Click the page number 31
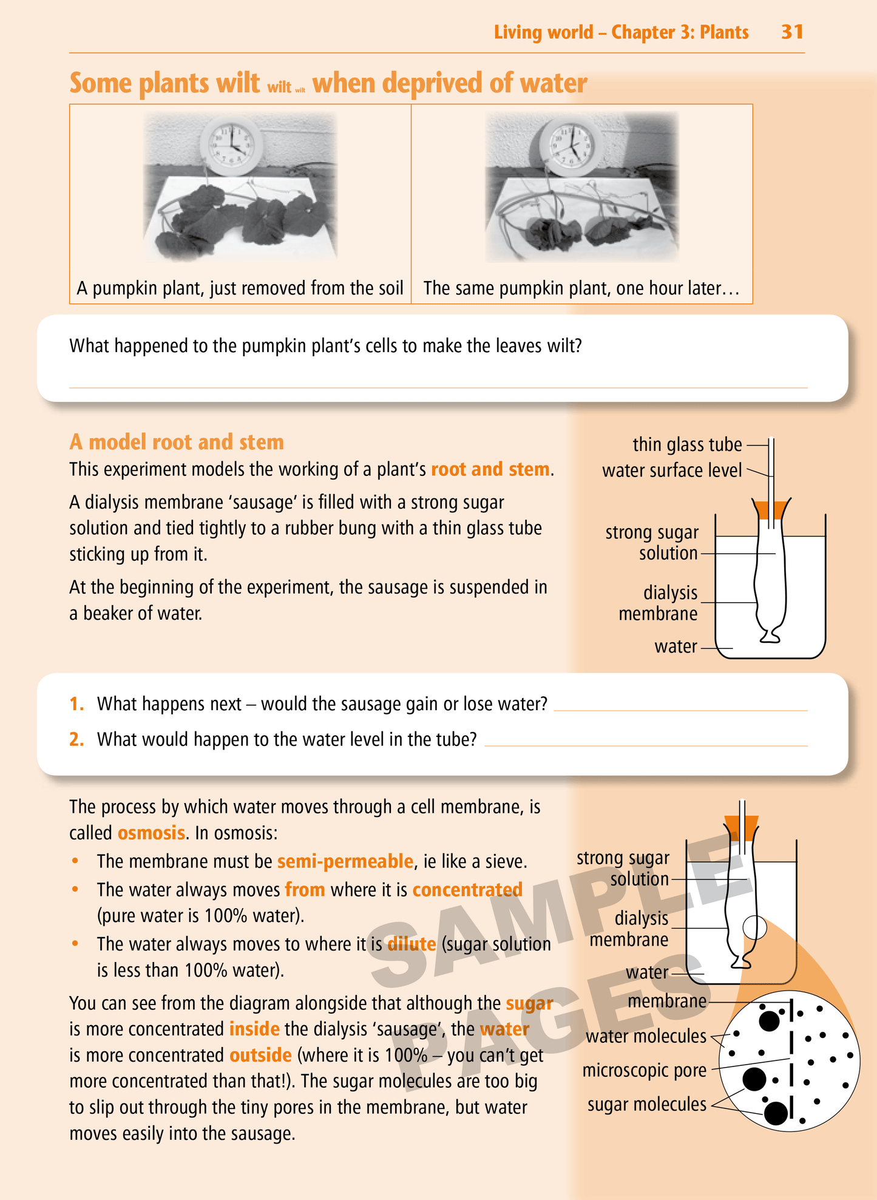pyautogui.click(x=792, y=32)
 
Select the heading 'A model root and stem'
pyautogui.click(x=177, y=442)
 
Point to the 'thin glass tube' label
pyautogui.click(x=687, y=445)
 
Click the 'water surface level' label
pyautogui.click(x=672, y=470)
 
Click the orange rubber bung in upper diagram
pyautogui.click(x=771, y=509)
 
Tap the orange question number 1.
pyautogui.click(x=76, y=704)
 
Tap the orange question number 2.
pyautogui.click(x=76, y=739)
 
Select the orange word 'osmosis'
pyautogui.click(x=151, y=833)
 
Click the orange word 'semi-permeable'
pyautogui.click(x=345, y=861)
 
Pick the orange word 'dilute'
pyautogui.click(x=411, y=944)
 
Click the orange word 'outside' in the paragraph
pyautogui.click(x=260, y=1056)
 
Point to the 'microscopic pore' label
pyautogui.click(x=645, y=1071)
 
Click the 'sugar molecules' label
pyautogui.click(x=647, y=1105)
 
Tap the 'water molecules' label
pyautogui.click(x=646, y=1037)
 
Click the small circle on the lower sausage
pyautogui.click(x=754, y=927)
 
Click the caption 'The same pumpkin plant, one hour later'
pyautogui.click(x=581, y=288)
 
